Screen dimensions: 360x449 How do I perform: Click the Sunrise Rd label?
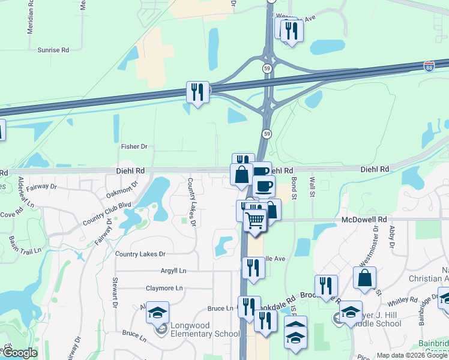[53, 50]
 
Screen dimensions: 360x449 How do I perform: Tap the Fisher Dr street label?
[134, 146]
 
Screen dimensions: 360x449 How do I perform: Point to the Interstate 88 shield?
[429, 66]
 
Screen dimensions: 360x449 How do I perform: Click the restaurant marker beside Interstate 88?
[197, 92]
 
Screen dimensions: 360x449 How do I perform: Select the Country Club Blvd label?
[106, 214]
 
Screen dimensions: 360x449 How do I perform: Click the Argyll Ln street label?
[173, 271]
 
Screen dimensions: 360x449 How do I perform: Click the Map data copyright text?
[412, 355]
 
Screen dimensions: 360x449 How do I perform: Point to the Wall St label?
[312, 186]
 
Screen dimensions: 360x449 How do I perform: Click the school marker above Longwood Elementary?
[157, 312]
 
